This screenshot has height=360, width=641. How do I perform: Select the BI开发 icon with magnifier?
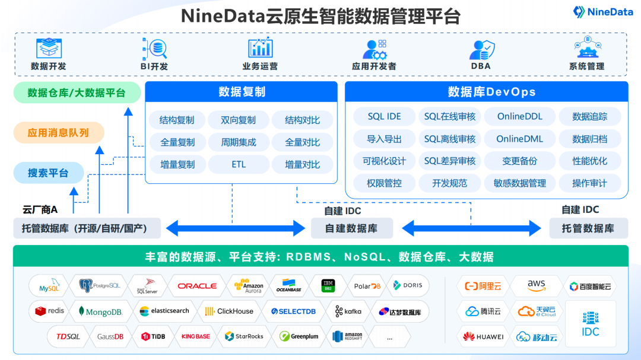click(154, 48)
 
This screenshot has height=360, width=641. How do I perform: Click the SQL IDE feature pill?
click(384, 117)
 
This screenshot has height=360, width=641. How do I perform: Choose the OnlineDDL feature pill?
click(519, 117)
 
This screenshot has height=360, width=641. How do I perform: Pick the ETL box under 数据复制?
click(239, 164)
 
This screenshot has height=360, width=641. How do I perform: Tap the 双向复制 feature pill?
click(239, 120)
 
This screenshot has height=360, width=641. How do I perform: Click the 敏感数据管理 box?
click(519, 183)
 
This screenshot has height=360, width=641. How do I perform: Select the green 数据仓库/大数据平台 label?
click(77, 93)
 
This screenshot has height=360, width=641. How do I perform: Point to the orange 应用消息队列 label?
click(58, 133)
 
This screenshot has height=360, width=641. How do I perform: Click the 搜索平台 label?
click(48, 173)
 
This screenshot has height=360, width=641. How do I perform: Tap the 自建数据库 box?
click(351, 228)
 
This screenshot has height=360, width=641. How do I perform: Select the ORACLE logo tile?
click(197, 286)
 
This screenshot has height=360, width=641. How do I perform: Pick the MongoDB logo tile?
click(100, 311)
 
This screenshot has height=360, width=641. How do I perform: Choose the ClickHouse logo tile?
click(229, 311)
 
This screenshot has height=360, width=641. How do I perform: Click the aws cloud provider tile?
click(536, 286)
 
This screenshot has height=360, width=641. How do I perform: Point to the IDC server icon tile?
click(591, 324)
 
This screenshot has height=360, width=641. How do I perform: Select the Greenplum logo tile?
click(299, 336)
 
